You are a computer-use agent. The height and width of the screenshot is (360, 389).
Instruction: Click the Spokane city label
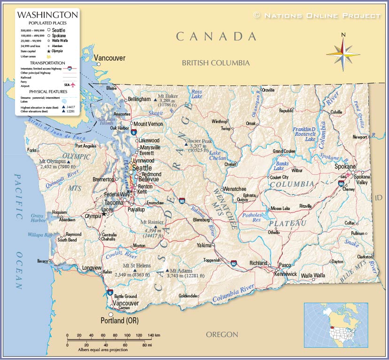tap(345, 166)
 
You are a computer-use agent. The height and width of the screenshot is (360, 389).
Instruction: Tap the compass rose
tap(343, 54)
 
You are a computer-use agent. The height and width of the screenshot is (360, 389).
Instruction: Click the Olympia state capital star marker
tap(104, 214)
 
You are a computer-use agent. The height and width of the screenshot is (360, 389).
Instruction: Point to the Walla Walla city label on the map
tap(313, 275)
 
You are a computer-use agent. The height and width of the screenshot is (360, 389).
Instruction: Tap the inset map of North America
tap(335, 325)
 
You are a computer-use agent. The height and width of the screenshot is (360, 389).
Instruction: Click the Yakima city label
tap(204, 245)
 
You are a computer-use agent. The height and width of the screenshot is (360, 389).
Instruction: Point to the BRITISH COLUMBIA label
tap(216, 63)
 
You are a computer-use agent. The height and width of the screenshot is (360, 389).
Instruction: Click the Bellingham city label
tap(139, 99)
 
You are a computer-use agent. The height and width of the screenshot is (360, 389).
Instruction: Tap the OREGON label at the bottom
tap(222, 335)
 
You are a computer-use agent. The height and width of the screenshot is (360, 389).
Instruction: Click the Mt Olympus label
tap(52, 161)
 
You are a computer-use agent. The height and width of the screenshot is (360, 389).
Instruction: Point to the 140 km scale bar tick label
tap(154, 335)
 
